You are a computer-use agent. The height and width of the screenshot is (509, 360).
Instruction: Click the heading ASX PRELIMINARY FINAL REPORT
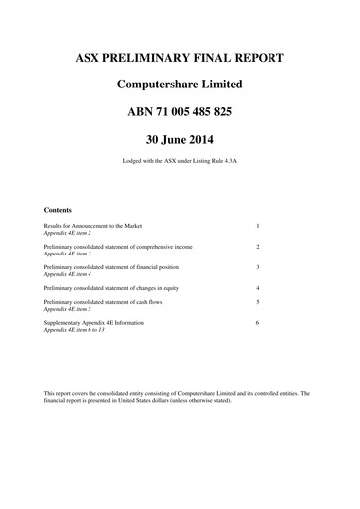[x=180, y=57]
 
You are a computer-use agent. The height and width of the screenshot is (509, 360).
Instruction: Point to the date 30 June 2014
[x=180, y=139]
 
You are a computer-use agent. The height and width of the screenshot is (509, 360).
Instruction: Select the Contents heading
[x=59, y=210]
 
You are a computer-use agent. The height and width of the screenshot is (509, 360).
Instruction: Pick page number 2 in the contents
[x=257, y=246]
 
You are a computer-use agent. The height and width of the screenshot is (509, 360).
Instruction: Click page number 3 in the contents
[x=257, y=267]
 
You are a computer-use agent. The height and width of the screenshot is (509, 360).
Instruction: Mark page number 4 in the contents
[x=257, y=287]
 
